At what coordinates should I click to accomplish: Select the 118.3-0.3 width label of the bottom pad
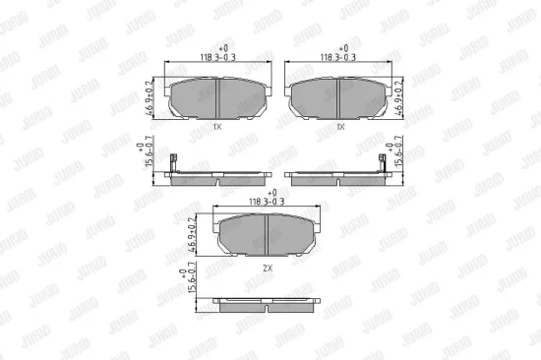click(x=266, y=200)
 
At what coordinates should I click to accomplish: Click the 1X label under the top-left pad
click(x=217, y=128)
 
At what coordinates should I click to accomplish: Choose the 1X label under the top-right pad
click(x=339, y=128)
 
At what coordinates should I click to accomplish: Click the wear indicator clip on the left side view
click(x=173, y=168)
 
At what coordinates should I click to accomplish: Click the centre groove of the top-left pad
click(x=217, y=97)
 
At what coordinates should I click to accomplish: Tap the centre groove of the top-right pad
click(x=338, y=97)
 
